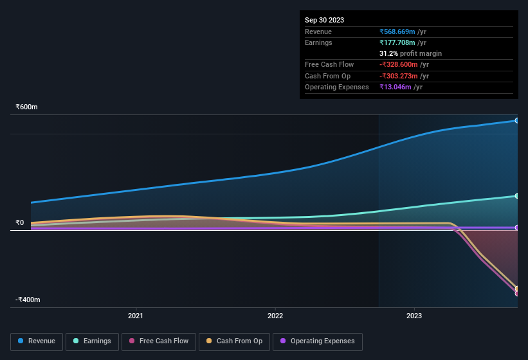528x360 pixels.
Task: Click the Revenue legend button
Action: point(37,341)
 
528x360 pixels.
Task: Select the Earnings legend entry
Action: point(93,341)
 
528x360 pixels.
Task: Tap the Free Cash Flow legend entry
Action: point(158,341)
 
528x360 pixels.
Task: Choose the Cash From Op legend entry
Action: point(233,341)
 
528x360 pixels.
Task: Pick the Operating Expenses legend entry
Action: point(318,341)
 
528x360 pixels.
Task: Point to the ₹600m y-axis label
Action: point(26,107)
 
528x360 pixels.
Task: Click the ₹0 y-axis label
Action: point(20,223)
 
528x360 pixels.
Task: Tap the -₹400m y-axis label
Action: point(28,300)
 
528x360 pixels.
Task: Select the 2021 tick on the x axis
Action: point(136,316)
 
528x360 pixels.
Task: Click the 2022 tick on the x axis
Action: point(275,316)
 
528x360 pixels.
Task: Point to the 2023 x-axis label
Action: point(414,316)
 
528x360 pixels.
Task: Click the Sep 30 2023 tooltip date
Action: point(324,20)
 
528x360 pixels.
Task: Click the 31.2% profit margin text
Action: point(410,53)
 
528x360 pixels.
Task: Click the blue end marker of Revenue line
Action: point(516,120)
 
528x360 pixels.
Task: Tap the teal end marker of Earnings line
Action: point(516,195)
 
